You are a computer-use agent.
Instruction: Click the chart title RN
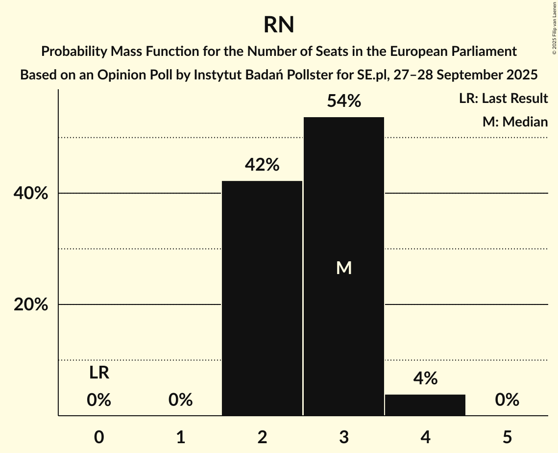[279, 25]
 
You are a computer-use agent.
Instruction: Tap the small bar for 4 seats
[425, 405]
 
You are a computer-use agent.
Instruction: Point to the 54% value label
[344, 101]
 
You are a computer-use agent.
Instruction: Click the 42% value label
[262, 165]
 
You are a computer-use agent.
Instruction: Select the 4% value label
[425, 378]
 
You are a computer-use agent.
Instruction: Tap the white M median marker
[344, 268]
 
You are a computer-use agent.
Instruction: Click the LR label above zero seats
[99, 373]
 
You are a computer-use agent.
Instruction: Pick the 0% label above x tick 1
[180, 400]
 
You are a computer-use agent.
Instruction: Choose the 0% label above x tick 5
[507, 400]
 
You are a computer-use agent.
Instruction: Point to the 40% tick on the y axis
[31, 194]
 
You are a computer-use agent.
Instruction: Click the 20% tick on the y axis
[31, 305]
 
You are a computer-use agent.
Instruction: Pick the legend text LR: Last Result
[503, 99]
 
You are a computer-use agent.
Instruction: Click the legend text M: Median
[515, 122]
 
